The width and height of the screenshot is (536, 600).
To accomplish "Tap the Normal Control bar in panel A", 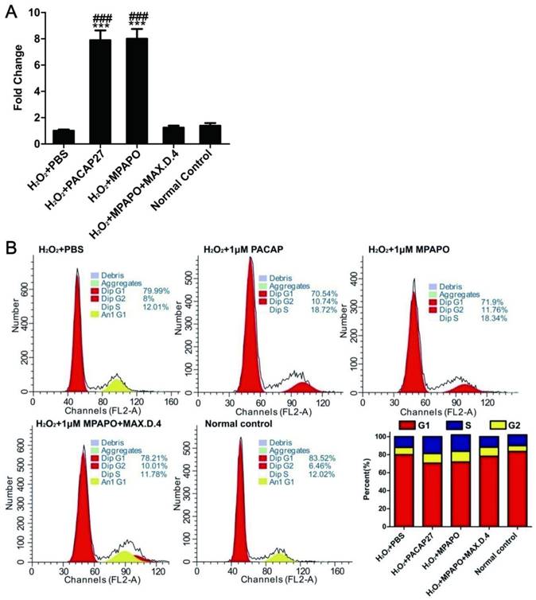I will (x=209, y=134).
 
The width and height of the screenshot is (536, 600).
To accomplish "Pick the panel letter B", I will (x=10, y=247).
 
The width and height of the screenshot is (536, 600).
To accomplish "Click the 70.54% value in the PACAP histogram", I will (x=320, y=290).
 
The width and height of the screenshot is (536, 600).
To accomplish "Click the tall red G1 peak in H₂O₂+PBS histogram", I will (x=78, y=350).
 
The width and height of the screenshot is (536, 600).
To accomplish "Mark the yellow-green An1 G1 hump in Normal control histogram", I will (x=278, y=555).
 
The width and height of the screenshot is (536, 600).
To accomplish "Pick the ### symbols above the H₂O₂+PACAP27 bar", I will (x=100, y=18).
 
